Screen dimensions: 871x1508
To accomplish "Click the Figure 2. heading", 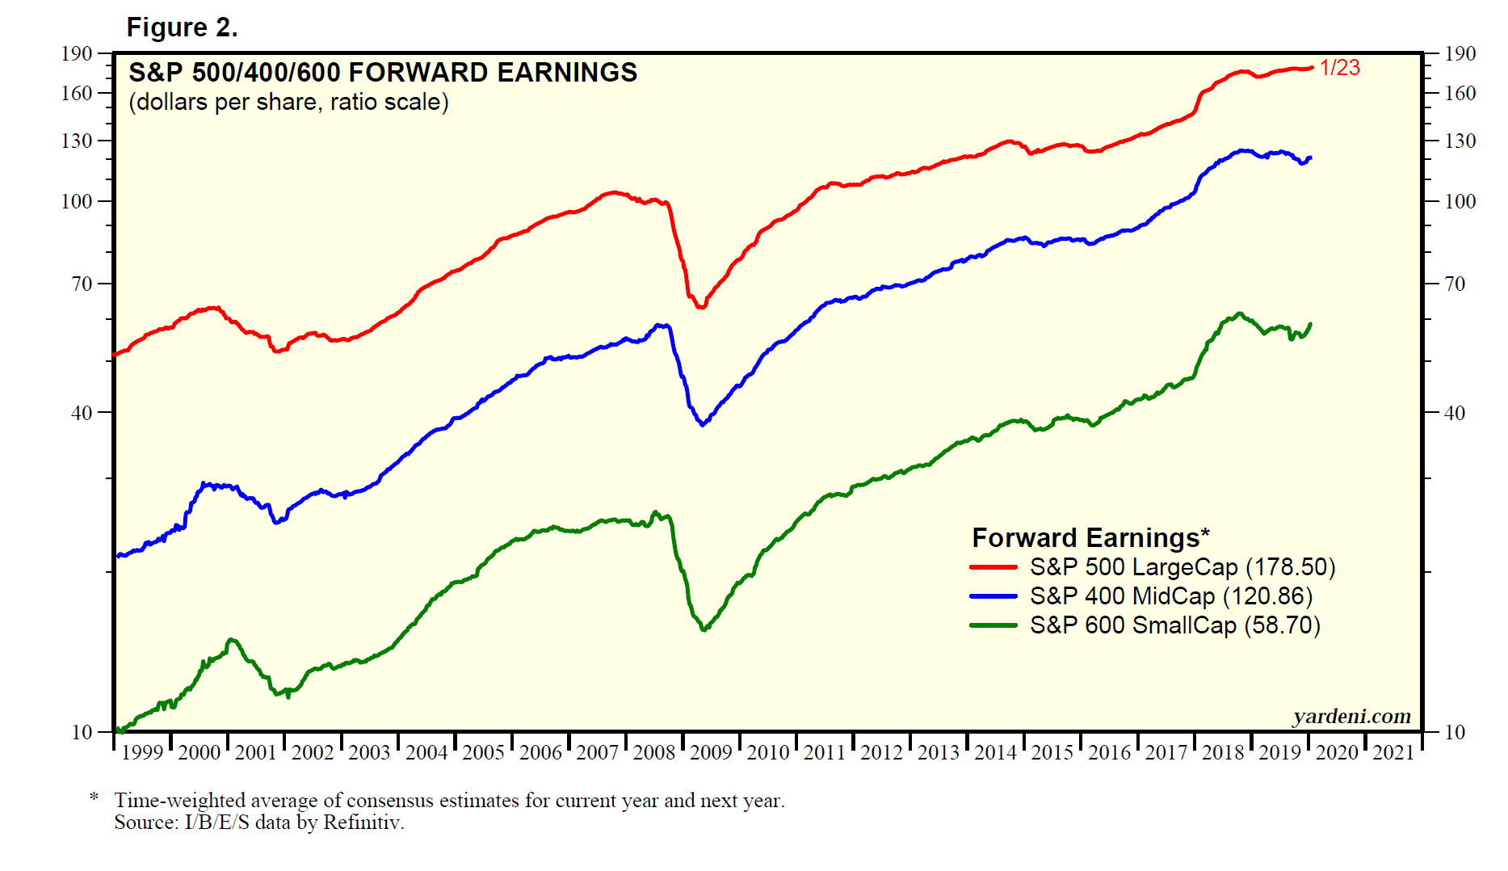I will (x=182, y=27).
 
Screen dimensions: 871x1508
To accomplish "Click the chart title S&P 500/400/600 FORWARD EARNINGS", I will (x=383, y=73).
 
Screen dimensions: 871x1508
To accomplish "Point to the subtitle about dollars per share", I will (x=288, y=103).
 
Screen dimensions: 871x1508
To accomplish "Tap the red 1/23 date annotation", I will (x=1340, y=68).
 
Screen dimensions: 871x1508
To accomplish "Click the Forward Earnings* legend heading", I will (x=1090, y=538).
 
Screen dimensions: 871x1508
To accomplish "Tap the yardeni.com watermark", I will (x=1351, y=717).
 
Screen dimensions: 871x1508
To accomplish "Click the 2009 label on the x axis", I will (x=711, y=753).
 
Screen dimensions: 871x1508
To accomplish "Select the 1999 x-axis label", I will (x=142, y=753).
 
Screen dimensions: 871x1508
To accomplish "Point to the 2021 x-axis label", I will (x=1393, y=753).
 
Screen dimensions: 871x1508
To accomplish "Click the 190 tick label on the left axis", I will (x=77, y=54).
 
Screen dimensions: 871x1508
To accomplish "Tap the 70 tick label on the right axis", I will (x=1455, y=284).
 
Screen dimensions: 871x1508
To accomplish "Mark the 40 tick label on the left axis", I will (x=82, y=413).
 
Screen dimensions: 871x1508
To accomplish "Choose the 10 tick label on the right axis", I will (x=1455, y=733).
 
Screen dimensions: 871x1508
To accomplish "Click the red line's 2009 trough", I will (x=700, y=307).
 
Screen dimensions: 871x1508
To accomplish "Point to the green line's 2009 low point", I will (x=704, y=629).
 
